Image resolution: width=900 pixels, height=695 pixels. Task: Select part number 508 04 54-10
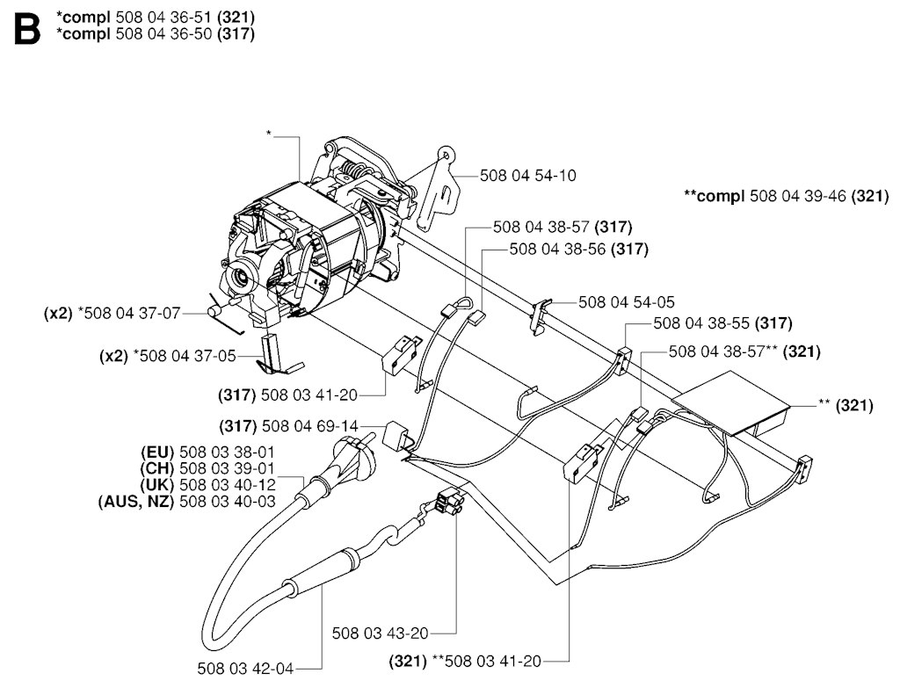click(528, 176)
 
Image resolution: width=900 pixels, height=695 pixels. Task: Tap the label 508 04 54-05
click(627, 301)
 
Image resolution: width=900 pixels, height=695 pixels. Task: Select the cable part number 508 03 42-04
click(245, 669)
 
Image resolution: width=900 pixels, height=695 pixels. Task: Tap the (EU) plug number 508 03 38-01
click(229, 452)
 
